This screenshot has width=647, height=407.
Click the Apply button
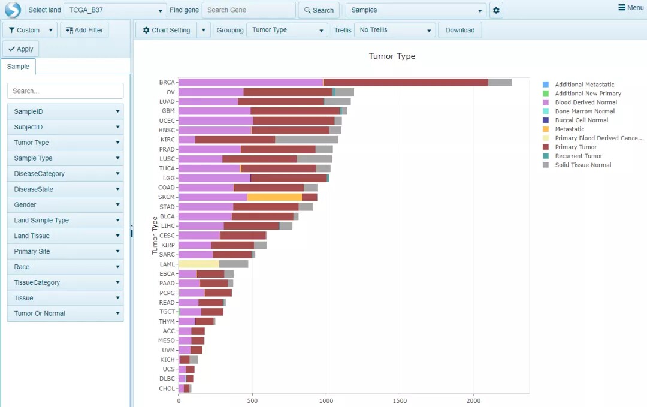point(20,49)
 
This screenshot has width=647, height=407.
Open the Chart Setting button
point(167,30)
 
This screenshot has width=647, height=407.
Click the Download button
point(459,30)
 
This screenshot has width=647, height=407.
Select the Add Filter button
point(84,30)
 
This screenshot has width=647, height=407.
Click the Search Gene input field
point(249,10)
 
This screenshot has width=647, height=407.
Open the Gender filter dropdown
point(65,205)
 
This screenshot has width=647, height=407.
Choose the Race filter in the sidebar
point(65,267)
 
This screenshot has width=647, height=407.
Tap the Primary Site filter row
point(65,251)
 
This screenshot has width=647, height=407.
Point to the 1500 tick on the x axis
point(400,400)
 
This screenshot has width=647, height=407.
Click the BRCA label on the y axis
point(167,82)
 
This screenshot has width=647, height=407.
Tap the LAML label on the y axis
point(167,264)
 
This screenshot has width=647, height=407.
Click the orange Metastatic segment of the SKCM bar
point(274,197)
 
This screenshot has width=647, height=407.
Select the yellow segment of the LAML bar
point(198,264)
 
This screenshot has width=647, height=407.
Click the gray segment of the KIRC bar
point(306,140)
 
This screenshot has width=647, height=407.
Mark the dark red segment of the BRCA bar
point(406,82)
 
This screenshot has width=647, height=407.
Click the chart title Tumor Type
point(392,56)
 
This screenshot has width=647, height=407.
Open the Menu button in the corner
point(631,7)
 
